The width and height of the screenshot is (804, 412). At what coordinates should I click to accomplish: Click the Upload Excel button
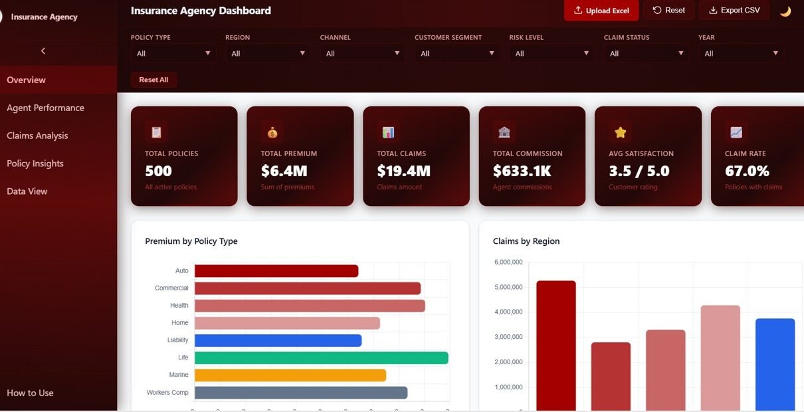pos(601,11)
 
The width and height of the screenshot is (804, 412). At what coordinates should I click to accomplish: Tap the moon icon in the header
pos(785,11)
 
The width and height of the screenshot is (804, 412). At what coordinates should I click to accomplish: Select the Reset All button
pos(153,80)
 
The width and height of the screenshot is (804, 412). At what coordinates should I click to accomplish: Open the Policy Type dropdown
pos(173,53)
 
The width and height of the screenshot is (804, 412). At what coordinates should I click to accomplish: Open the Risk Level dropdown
pos(552,53)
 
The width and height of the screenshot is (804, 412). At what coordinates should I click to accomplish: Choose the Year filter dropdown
pos(741,53)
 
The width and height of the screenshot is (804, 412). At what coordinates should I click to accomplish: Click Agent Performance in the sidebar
pos(45,108)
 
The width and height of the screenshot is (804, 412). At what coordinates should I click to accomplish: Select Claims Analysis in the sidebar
pos(37,136)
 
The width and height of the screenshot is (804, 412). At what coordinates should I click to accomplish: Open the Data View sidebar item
pos(27,191)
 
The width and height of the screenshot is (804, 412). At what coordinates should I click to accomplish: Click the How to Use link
pos(30,393)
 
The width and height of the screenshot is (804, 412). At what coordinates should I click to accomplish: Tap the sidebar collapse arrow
pos(43,51)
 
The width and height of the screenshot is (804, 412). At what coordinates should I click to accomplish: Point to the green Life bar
pos(321,358)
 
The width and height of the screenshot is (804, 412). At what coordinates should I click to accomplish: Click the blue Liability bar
pos(278,340)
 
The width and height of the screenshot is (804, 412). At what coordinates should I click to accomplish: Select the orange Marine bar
pos(290,375)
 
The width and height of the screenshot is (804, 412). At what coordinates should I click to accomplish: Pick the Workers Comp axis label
pos(167,393)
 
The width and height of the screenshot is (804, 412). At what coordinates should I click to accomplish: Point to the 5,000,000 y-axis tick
pos(508,287)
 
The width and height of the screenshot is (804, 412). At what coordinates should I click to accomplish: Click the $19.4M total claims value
pos(403,171)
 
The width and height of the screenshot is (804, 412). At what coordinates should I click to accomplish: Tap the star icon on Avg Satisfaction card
pos(620,132)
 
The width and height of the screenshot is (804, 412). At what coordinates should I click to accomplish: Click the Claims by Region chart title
pos(526,241)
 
